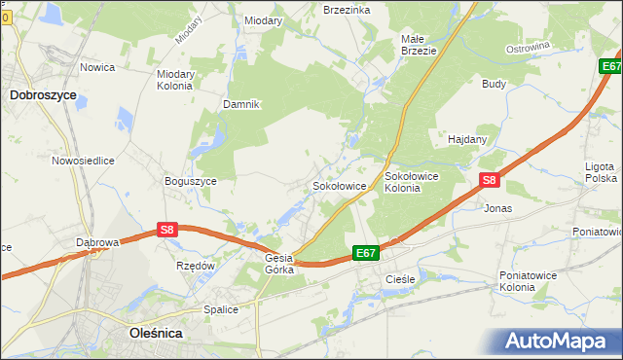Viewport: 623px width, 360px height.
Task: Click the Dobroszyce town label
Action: (x=43, y=95)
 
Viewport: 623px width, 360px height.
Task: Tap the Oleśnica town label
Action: (x=156, y=333)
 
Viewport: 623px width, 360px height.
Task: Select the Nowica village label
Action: (x=97, y=67)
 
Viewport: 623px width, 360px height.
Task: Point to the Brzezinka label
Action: (x=347, y=9)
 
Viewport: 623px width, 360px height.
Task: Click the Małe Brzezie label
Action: (x=419, y=45)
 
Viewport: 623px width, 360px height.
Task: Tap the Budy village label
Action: (x=494, y=84)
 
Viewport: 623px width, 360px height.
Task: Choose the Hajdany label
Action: (x=467, y=139)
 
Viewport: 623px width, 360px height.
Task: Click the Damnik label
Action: (x=241, y=104)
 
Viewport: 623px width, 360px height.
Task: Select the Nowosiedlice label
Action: (x=84, y=161)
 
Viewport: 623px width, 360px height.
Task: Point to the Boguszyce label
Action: (x=191, y=180)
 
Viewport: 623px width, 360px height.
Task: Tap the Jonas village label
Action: (x=497, y=208)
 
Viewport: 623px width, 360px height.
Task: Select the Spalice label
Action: (x=221, y=309)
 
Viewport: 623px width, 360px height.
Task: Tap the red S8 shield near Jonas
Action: (x=490, y=180)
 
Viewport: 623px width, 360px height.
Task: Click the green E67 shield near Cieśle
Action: (x=365, y=253)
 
